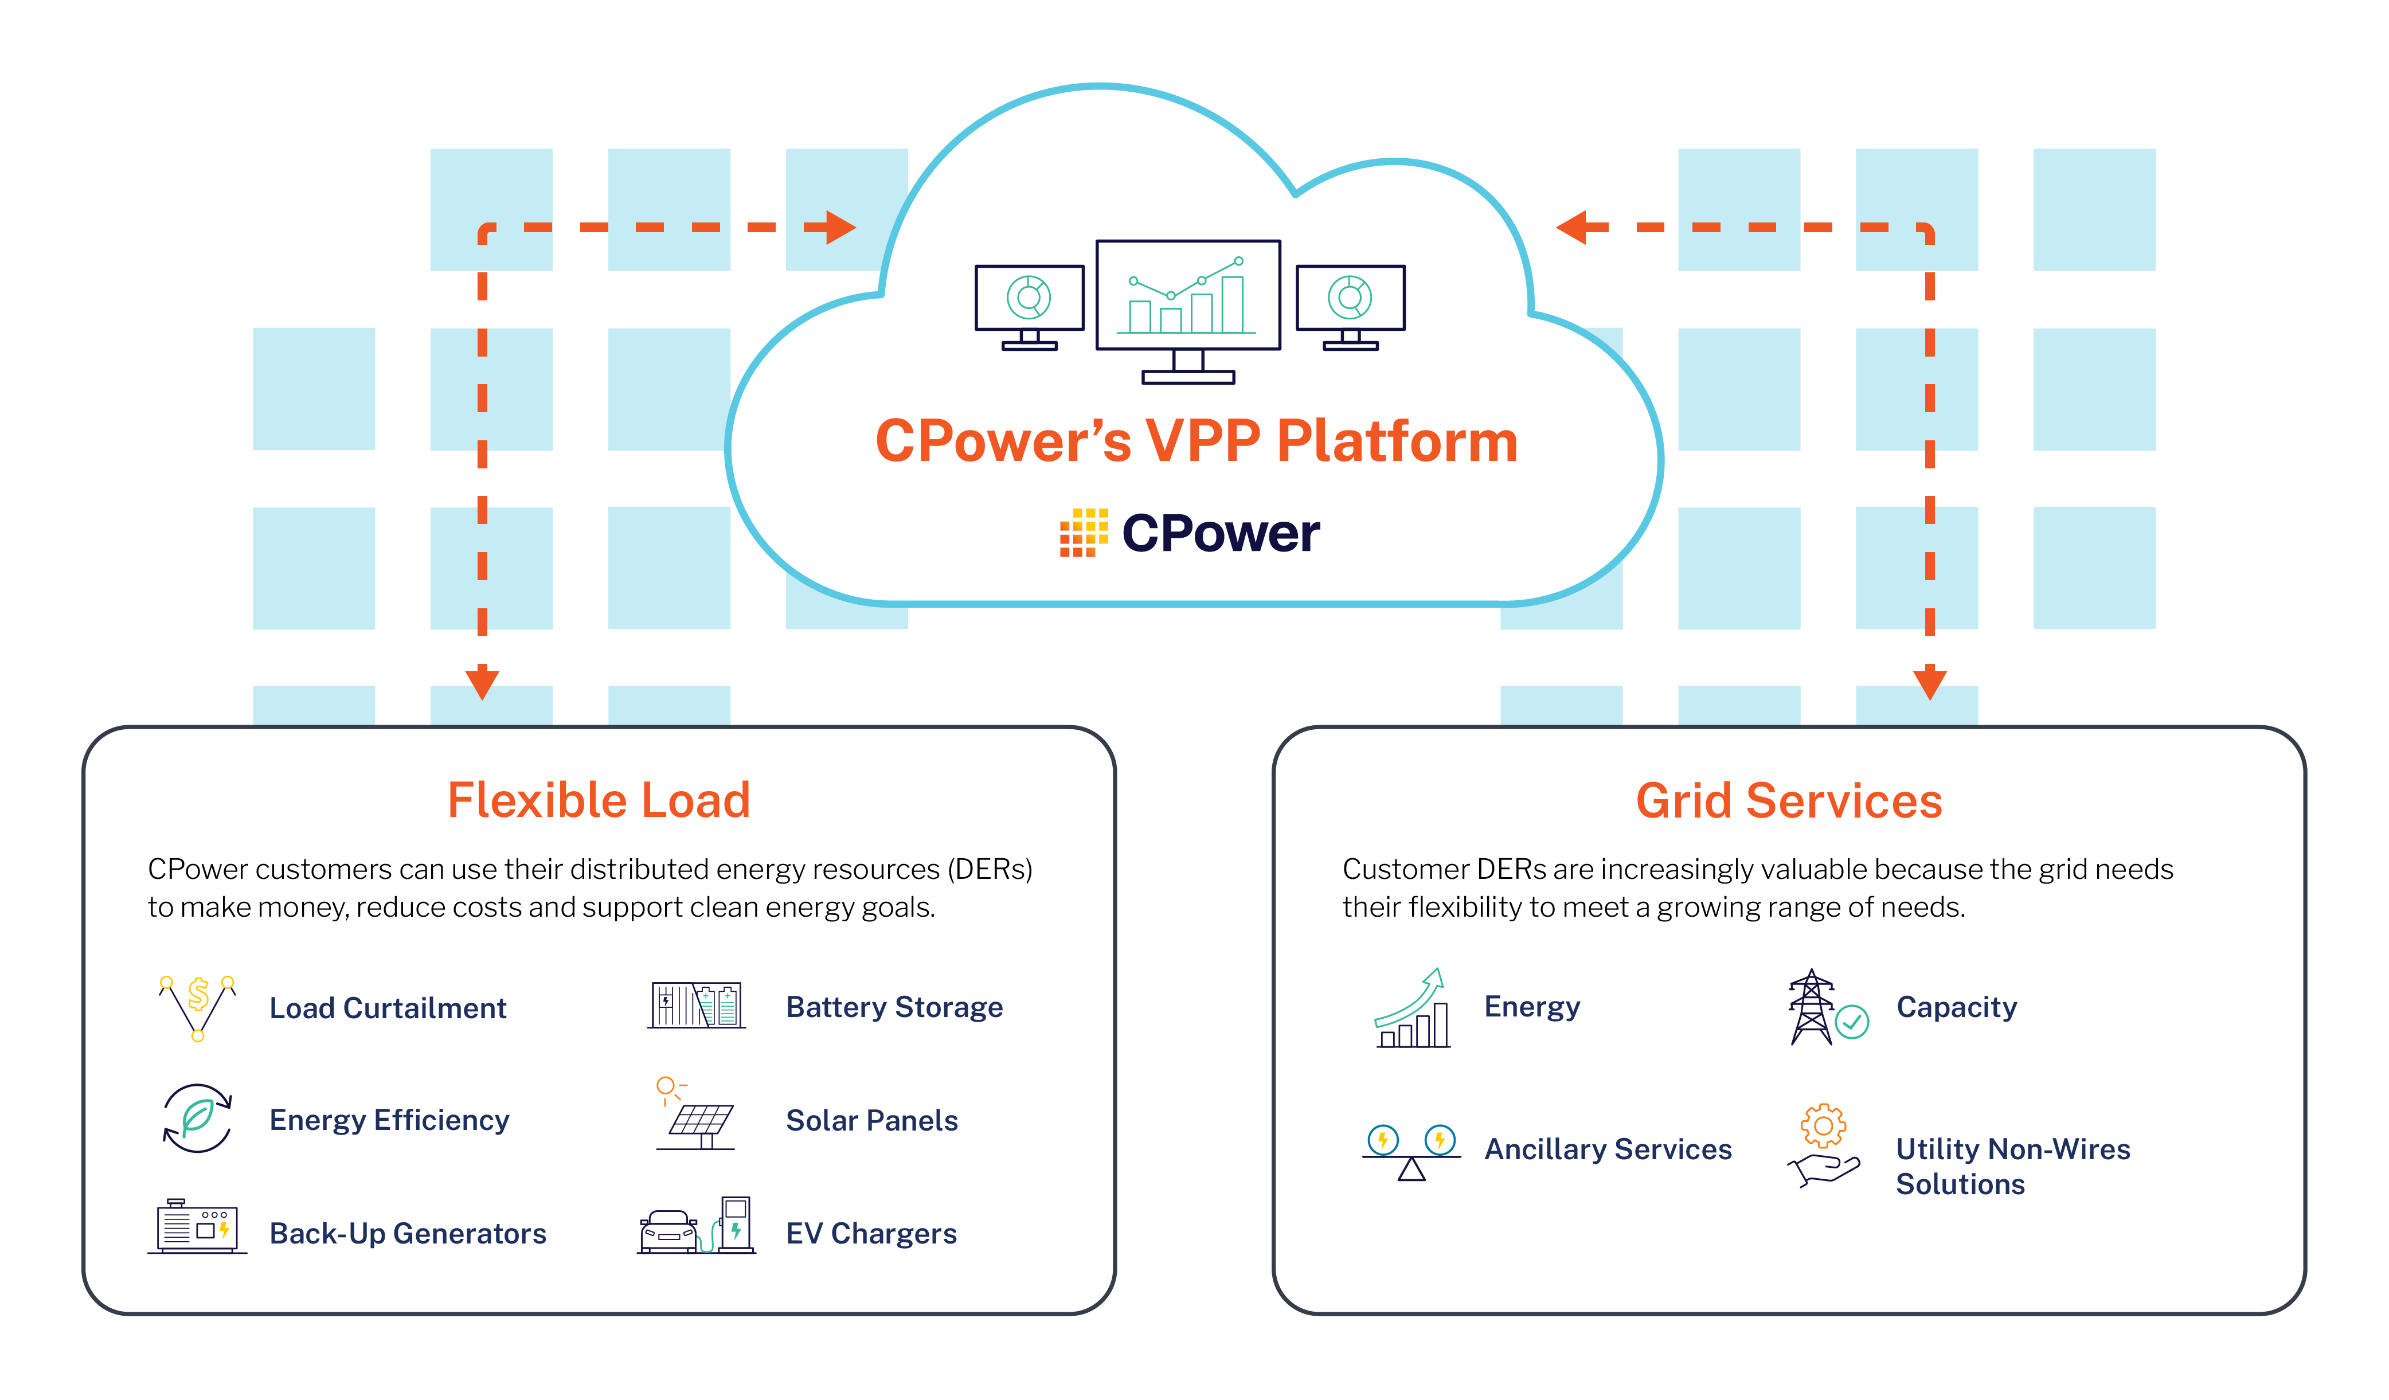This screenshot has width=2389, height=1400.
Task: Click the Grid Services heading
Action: coord(1788,801)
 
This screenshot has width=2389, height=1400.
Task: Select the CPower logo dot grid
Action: coord(1082,532)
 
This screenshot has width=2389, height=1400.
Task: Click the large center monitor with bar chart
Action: coord(1188,296)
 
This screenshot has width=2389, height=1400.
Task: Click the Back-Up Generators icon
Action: coord(197,1227)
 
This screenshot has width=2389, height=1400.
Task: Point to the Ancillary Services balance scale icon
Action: coord(1411,1152)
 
